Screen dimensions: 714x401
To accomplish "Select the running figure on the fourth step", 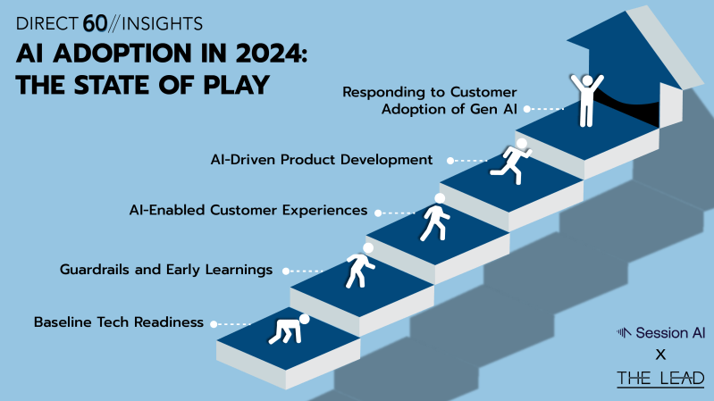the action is click(x=512, y=162).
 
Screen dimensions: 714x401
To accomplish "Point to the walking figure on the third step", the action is click(x=435, y=218).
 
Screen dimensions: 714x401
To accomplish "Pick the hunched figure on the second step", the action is click(x=360, y=266).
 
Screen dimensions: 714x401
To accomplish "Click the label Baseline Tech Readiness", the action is click(x=118, y=322).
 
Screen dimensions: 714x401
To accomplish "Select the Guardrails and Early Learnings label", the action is click(x=166, y=270).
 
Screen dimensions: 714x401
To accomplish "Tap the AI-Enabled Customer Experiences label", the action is click(x=248, y=210).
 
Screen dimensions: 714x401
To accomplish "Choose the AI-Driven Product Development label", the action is click(x=322, y=160).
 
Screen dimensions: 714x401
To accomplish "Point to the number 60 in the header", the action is click(x=95, y=24).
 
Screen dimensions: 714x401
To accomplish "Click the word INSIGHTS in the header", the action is click(x=162, y=24).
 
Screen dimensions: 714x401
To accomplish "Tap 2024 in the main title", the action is click(x=271, y=54).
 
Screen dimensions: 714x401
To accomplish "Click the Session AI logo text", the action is click(x=670, y=333).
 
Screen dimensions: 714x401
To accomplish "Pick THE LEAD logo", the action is click(x=660, y=379).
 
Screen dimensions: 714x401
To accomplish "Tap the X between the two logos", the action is click(x=660, y=355).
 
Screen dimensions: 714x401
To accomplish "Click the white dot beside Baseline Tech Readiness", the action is click(x=214, y=324).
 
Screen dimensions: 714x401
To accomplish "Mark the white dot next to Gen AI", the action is click(x=527, y=109).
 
